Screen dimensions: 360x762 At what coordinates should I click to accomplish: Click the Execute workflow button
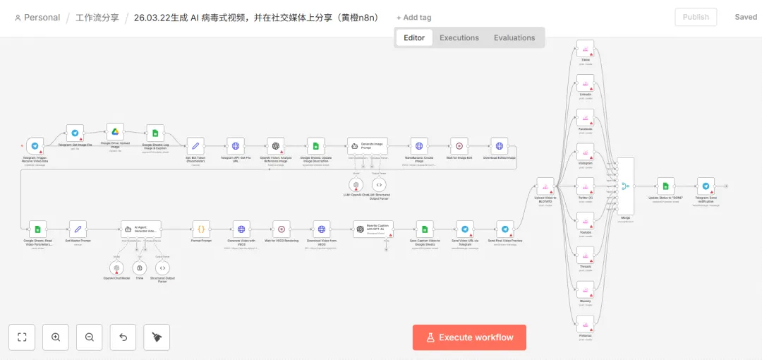[x=469, y=337]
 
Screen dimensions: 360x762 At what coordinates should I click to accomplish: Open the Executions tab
[x=459, y=37]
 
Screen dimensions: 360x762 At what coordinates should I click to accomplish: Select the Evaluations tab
[x=514, y=37]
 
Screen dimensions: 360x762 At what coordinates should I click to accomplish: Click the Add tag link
[x=414, y=17]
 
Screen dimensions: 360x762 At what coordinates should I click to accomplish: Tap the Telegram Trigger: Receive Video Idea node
[x=35, y=146]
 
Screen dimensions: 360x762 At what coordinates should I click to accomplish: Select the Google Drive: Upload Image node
[x=115, y=132]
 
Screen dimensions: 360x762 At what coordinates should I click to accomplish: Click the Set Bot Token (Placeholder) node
[x=195, y=146]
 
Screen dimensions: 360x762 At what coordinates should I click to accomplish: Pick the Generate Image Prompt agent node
[x=368, y=146]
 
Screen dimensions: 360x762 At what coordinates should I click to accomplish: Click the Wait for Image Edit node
[x=459, y=146]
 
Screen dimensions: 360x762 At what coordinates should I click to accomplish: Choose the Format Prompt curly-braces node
[x=201, y=229]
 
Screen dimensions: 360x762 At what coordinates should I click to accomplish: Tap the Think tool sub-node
[x=140, y=268]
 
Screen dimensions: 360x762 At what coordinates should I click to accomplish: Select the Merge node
[x=625, y=186]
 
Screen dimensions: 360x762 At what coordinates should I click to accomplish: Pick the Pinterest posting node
[x=586, y=325]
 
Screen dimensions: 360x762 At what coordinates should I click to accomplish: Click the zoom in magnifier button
[x=56, y=337]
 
